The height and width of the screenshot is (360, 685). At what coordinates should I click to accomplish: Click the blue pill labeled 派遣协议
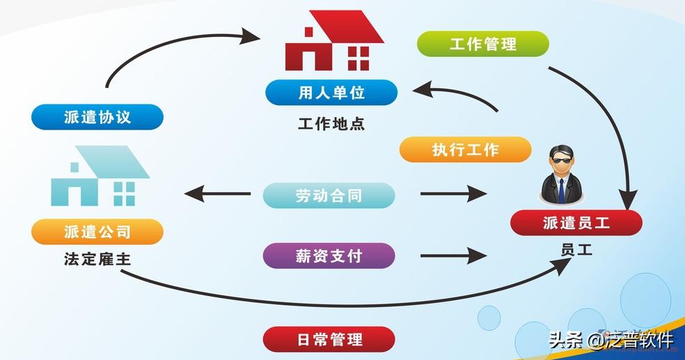tap(97, 116)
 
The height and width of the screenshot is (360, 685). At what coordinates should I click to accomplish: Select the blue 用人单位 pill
tap(331, 92)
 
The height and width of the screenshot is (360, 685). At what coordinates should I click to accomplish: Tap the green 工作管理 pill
tap(483, 44)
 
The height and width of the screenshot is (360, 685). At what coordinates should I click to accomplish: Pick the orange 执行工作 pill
tap(465, 150)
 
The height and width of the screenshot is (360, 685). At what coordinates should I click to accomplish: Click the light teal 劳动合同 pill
tap(329, 196)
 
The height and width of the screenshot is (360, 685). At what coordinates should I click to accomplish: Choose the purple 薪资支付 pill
tap(329, 256)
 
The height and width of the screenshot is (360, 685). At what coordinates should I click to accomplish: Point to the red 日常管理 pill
tap(329, 340)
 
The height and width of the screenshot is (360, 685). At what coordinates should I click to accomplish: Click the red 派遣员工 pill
tap(576, 223)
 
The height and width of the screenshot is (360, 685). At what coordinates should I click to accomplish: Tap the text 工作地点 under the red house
tap(331, 125)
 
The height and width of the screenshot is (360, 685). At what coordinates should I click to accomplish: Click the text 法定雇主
tap(97, 260)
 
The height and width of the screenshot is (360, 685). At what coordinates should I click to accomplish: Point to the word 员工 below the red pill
tap(576, 249)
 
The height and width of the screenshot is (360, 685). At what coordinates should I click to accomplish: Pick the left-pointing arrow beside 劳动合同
tap(216, 194)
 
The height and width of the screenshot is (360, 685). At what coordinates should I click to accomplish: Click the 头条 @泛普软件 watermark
tap(611, 341)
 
